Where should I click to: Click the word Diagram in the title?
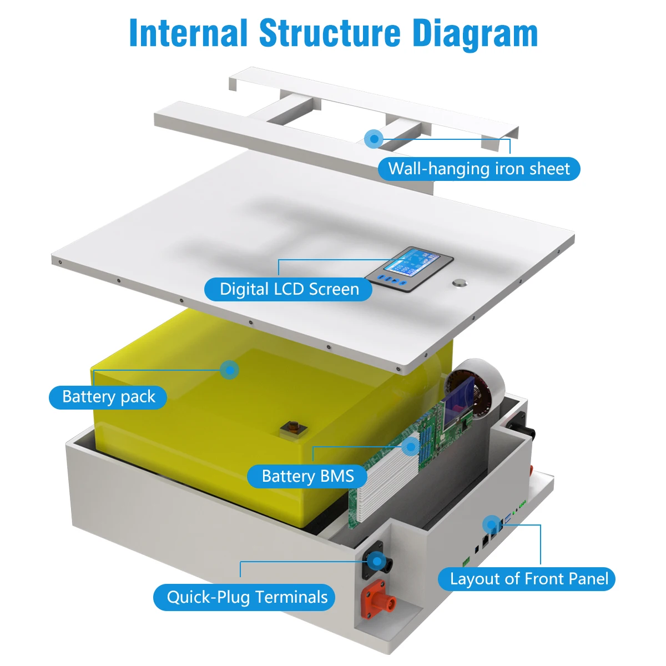[x=475, y=33]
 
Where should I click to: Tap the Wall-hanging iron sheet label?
[x=478, y=169]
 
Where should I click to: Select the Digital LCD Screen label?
[x=289, y=289]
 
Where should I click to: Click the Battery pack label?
[x=108, y=397]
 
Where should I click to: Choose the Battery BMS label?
[x=307, y=476]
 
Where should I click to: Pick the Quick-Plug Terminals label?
[x=247, y=597]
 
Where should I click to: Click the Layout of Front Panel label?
[x=528, y=579]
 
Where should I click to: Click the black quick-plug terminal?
[x=377, y=562]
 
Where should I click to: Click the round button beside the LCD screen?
[x=459, y=283]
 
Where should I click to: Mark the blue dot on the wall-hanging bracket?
[x=374, y=138]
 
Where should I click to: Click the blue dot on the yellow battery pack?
[x=229, y=370]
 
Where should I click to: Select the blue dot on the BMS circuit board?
[x=411, y=446]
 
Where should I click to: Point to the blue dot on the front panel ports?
[x=491, y=524]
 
